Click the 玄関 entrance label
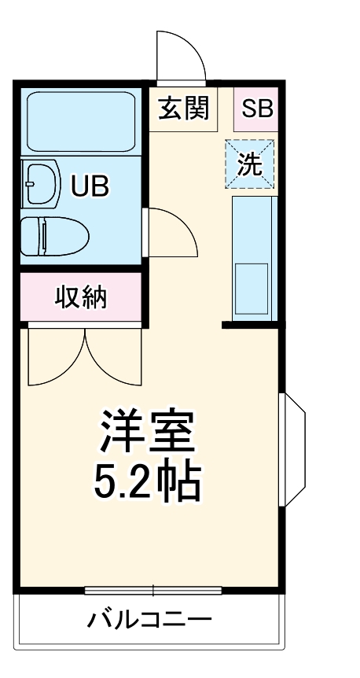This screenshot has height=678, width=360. point(185,108)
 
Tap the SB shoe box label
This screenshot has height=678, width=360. point(256,108)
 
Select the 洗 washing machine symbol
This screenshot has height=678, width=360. point(251,165)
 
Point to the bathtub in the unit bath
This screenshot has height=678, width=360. point(81,121)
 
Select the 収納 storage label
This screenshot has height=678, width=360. point(81,297)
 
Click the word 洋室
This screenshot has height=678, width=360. point(147,429)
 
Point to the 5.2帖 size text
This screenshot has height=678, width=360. point(147,482)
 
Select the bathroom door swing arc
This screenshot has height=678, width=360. point(173,232)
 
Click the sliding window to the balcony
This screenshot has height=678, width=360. point(152,590)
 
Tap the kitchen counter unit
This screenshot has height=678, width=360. point(254,256)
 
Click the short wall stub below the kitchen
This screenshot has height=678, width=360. point(251,324)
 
